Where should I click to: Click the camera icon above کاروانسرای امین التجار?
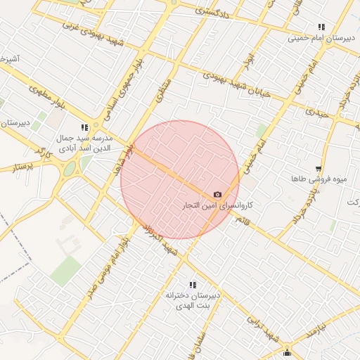[x=217, y=195]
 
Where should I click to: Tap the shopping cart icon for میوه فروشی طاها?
[x=319, y=169]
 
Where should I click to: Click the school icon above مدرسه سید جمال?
[x=84, y=127]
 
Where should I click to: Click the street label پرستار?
[x=24, y=167]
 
